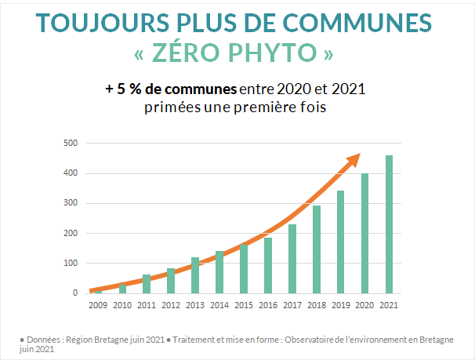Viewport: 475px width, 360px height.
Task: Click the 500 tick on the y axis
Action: click(71, 143)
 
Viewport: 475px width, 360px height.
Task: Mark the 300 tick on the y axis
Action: click(71, 203)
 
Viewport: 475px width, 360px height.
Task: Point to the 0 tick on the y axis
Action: click(74, 293)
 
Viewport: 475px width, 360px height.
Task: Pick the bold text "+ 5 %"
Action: click(124, 89)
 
